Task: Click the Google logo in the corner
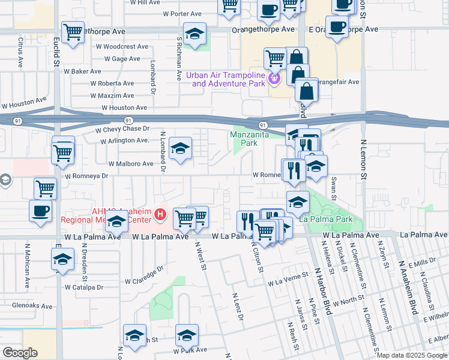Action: [20, 353]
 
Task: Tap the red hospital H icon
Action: [160, 214]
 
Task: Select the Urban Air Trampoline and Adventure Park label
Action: [225, 79]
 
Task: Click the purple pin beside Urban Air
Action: [274, 77]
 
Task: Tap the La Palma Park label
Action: [330, 220]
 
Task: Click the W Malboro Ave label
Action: [131, 163]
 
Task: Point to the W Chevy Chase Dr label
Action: [122, 129]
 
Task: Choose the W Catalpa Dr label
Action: [84, 287]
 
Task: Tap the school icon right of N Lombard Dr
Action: [180, 148]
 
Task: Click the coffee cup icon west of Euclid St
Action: [41, 211]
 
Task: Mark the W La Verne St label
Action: [287, 281]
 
